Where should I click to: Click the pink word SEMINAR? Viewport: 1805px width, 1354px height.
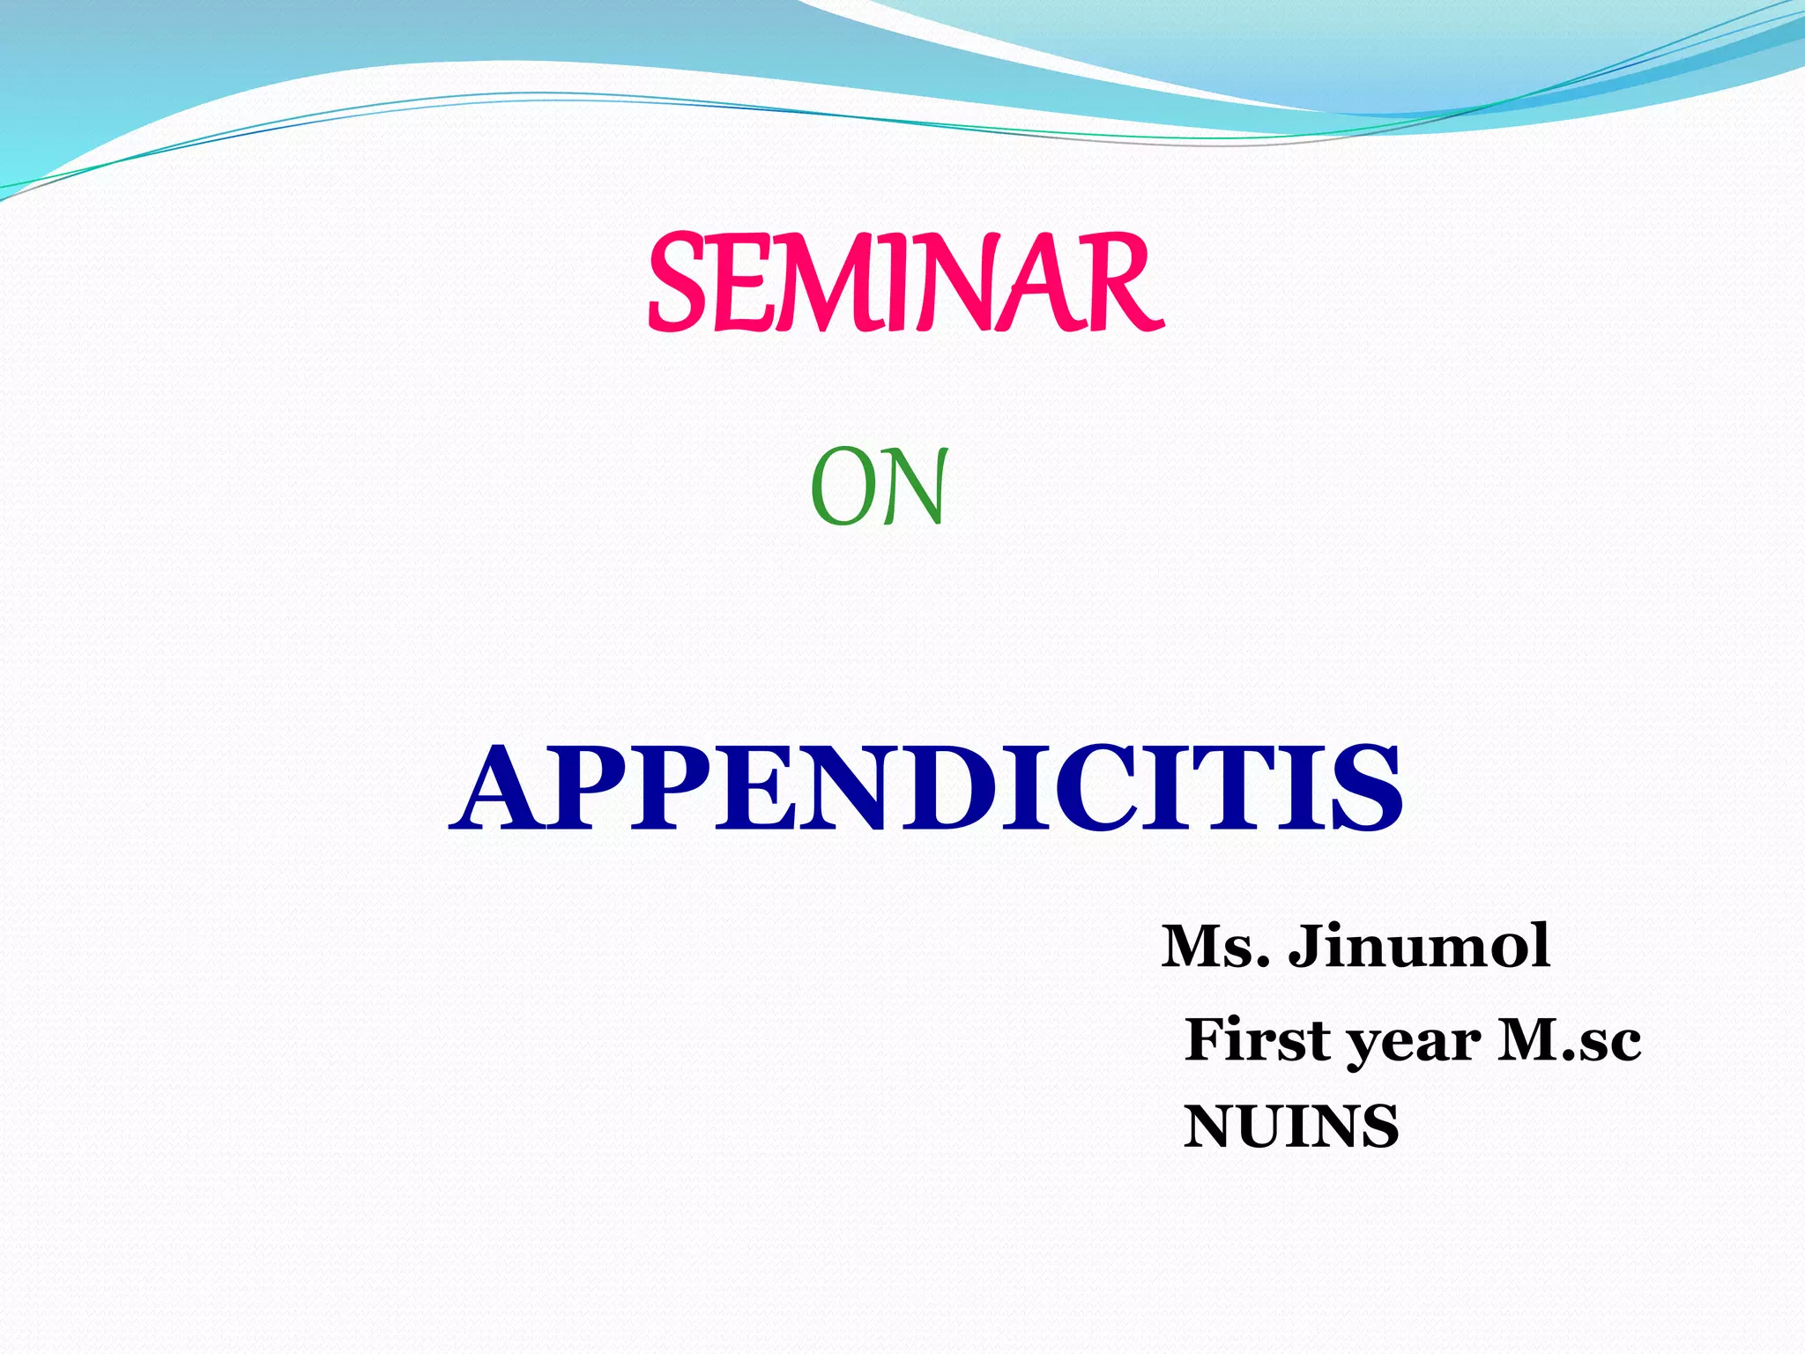click(905, 284)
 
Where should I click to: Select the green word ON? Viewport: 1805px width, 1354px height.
click(879, 487)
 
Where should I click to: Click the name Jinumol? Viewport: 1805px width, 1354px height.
click(1419, 947)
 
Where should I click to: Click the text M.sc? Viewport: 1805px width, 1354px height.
click(1569, 1040)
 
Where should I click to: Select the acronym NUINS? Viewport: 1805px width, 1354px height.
click(1291, 1127)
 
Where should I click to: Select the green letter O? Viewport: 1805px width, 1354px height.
click(842, 487)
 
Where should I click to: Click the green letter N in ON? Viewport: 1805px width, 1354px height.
click(915, 487)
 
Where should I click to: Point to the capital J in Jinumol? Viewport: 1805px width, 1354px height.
click(1309, 947)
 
